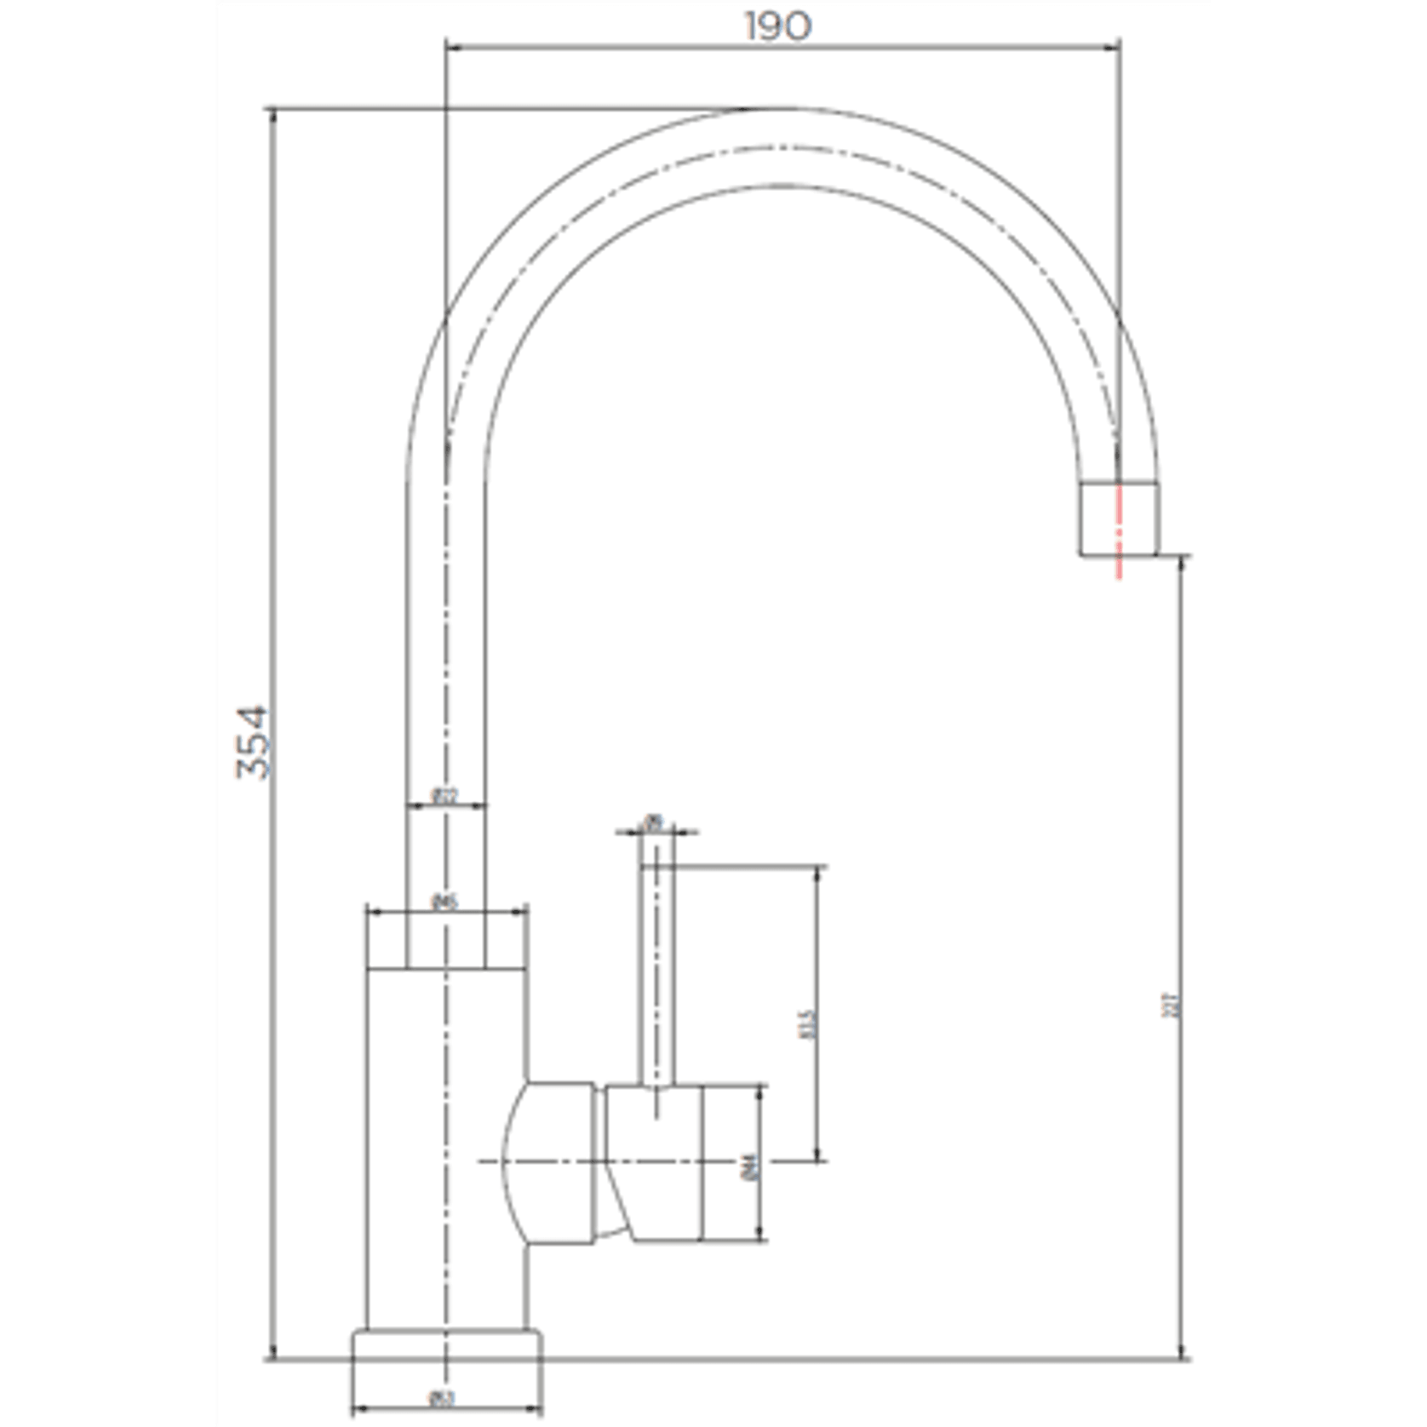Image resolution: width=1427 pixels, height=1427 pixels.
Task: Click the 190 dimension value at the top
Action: pyautogui.click(x=778, y=26)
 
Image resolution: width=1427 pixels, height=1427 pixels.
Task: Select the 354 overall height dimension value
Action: pyautogui.click(x=253, y=742)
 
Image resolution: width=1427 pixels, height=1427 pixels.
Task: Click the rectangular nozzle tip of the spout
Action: pyautogui.click(x=1119, y=519)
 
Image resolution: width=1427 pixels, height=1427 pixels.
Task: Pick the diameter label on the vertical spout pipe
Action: pyautogui.click(x=445, y=797)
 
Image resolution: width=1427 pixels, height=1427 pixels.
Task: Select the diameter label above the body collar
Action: pyautogui.click(x=445, y=902)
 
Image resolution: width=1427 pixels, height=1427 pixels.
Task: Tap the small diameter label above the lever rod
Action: pyautogui.click(x=654, y=822)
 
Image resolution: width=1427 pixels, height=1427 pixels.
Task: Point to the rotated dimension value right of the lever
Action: pyautogui.click(x=809, y=1023)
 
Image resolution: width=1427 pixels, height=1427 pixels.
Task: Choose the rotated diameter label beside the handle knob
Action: pyautogui.click(x=750, y=1166)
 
